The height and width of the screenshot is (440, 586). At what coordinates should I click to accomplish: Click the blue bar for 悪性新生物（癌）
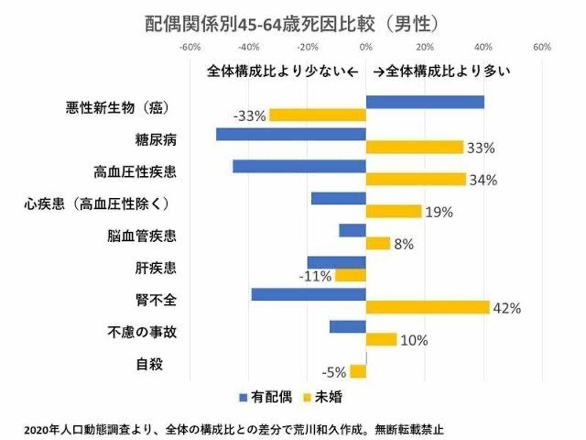click(x=425, y=102)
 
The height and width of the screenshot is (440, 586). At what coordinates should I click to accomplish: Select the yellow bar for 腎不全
click(x=428, y=307)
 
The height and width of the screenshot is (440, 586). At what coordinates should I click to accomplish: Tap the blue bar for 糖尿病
click(x=291, y=134)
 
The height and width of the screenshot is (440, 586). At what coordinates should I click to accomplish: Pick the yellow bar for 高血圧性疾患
click(x=416, y=179)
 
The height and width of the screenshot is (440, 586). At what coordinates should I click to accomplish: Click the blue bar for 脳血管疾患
click(x=353, y=230)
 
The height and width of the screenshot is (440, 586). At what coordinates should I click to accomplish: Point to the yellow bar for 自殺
click(x=358, y=371)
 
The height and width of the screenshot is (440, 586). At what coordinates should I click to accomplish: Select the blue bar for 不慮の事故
click(x=348, y=326)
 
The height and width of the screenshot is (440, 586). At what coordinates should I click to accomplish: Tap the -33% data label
click(x=250, y=115)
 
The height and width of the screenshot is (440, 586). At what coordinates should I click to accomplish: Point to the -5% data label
click(x=333, y=372)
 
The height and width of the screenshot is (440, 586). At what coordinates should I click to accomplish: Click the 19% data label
click(x=439, y=212)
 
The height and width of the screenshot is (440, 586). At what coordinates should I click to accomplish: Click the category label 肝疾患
click(x=156, y=269)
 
